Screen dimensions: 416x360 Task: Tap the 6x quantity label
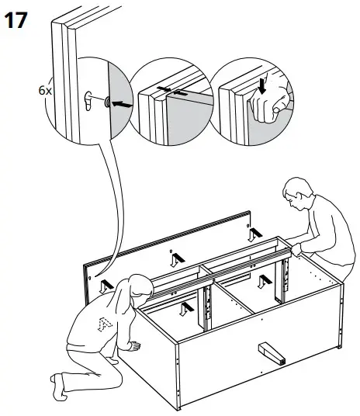tap(45, 90)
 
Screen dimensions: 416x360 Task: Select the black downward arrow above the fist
tap(261, 84)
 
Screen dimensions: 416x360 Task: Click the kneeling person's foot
tap(60, 384)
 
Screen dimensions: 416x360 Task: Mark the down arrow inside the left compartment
tap(184, 309)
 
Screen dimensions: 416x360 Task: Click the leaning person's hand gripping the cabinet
tap(296, 249)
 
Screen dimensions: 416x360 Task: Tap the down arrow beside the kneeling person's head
tap(106, 284)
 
